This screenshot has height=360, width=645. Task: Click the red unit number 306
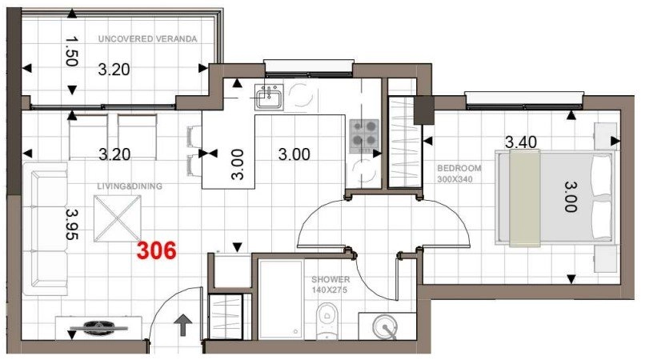coord(157,250)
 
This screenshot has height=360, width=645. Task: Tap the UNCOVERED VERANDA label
coord(148,39)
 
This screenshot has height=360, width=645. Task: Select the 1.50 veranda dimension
coord(71,51)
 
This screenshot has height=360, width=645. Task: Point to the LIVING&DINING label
coord(130,186)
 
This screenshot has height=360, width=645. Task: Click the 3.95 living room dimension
coord(72,224)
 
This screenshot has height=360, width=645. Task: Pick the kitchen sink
coord(269,97)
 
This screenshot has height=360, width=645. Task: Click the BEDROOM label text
coord(459,168)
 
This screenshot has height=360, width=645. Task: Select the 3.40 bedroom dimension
coord(521,142)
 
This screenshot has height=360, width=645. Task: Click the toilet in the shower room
coord(327,322)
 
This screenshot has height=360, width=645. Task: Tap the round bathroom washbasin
coord(385,326)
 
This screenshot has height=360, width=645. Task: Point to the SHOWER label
coord(331,280)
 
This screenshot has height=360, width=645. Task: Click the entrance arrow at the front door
coord(183,325)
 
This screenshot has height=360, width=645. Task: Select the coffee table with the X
coord(118,218)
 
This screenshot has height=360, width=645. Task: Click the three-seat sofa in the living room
coord(46,229)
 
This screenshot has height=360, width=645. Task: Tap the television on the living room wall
coord(98,328)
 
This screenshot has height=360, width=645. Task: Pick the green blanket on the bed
coord(524,198)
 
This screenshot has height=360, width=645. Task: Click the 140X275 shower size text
coord(330,290)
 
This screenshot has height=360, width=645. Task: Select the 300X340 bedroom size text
coord(455,179)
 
